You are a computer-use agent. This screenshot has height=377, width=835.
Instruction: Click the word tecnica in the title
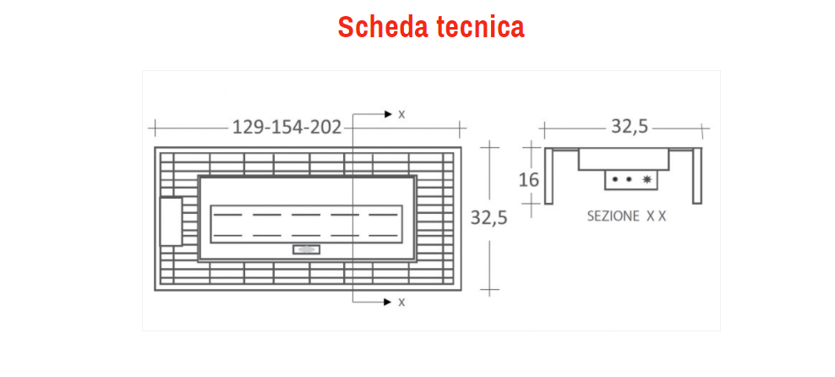click(481, 27)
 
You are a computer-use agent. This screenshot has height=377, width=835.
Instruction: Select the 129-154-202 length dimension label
click(287, 128)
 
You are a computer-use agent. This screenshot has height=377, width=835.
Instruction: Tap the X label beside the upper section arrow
click(401, 114)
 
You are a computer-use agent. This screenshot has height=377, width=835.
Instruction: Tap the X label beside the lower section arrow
click(401, 302)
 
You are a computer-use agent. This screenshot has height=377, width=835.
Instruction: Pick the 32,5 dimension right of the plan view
click(488, 218)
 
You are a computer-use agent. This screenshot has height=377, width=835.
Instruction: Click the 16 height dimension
click(529, 179)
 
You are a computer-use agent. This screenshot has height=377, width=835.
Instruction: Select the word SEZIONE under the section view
click(614, 216)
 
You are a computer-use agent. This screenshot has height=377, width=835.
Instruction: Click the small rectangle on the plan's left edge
click(171, 221)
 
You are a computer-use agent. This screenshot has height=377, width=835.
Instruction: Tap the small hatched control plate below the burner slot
click(305, 249)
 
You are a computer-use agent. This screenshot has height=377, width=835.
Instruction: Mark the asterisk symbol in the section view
click(648, 179)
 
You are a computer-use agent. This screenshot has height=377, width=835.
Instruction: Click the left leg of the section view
click(548, 176)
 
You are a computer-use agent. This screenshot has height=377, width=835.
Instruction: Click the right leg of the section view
click(697, 176)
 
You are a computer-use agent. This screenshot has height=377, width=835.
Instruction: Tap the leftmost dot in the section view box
click(615, 179)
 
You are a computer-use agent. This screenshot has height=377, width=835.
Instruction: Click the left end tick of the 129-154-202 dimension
click(154, 128)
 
